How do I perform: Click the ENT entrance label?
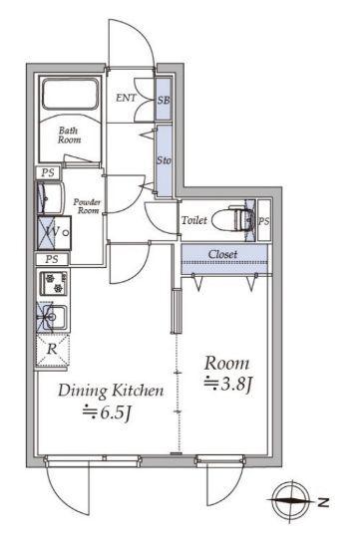(x=126, y=98)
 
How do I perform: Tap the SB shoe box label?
(x=164, y=100)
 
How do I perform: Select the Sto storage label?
(x=164, y=160)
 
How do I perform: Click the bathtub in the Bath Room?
(x=70, y=95)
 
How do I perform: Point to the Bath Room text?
(x=70, y=136)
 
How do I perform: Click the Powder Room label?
(x=87, y=206)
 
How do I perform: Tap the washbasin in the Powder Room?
(x=50, y=197)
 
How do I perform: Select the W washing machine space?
(x=54, y=232)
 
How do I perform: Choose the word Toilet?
(x=194, y=220)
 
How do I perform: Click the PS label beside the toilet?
(x=264, y=221)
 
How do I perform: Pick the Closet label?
(x=223, y=254)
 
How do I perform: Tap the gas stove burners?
(x=54, y=283)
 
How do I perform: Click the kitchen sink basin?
(x=53, y=318)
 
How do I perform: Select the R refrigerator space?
(x=52, y=349)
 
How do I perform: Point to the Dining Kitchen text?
(x=111, y=391)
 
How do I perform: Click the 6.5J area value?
(x=107, y=413)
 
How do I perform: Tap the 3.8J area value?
(x=227, y=385)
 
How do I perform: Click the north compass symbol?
(x=291, y=501)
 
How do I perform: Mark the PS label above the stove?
(x=52, y=259)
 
